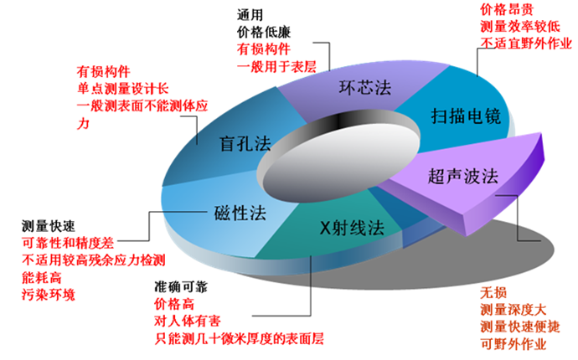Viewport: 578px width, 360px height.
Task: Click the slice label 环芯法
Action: pyautogui.click(x=365, y=88)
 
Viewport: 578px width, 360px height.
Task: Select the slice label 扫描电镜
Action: pyautogui.click(x=466, y=116)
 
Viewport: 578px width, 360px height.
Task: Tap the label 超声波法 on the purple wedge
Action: pyautogui.click(x=463, y=176)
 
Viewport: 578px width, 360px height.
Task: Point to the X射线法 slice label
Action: pyautogui.click(x=352, y=228)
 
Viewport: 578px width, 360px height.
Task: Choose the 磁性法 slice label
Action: pyautogui.click(x=240, y=213)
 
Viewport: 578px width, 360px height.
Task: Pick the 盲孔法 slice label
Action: pyautogui.click(x=245, y=143)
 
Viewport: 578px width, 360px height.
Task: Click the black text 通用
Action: pyautogui.click(x=250, y=15)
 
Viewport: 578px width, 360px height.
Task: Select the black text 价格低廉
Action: pyautogui.click(x=264, y=32)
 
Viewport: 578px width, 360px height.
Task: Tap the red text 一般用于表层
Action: pyautogui.click(x=276, y=66)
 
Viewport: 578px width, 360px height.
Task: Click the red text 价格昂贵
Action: pyautogui.click(x=507, y=9)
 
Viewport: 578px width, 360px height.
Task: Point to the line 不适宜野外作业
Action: pyautogui.click(x=526, y=44)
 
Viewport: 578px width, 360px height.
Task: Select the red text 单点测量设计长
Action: pyautogui.click(x=123, y=89)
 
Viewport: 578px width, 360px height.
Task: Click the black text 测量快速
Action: pyautogui.click(x=49, y=226)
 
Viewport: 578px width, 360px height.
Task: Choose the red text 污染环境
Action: pyautogui.click(x=49, y=295)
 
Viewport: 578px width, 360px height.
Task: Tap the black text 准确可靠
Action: pyautogui.click(x=181, y=286)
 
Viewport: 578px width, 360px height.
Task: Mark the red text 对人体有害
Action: pyautogui.click(x=188, y=321)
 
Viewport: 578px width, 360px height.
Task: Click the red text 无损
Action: pyautogui.click(x=493, y=293)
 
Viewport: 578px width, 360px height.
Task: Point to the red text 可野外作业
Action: pyautogui.click(x=513, y=344)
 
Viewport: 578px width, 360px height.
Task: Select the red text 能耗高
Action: pyautogui.click(x=42, y=277)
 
